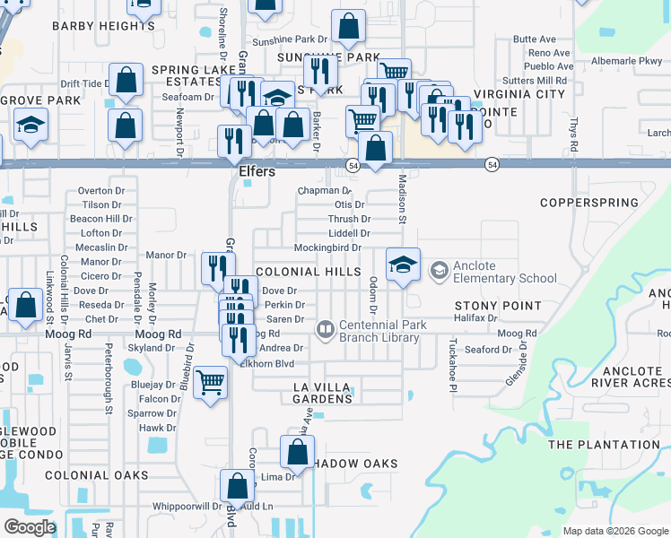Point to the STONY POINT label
(504, 306)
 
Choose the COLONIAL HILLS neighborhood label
(306, 271)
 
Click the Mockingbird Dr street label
(327, 248)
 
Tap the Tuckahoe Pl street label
(453, 357)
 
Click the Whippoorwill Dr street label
(188, 507)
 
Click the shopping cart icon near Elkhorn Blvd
(210, 382)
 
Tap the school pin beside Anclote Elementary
(403, 265)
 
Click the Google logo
(30, 527)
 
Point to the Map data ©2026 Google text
(614, 531)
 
